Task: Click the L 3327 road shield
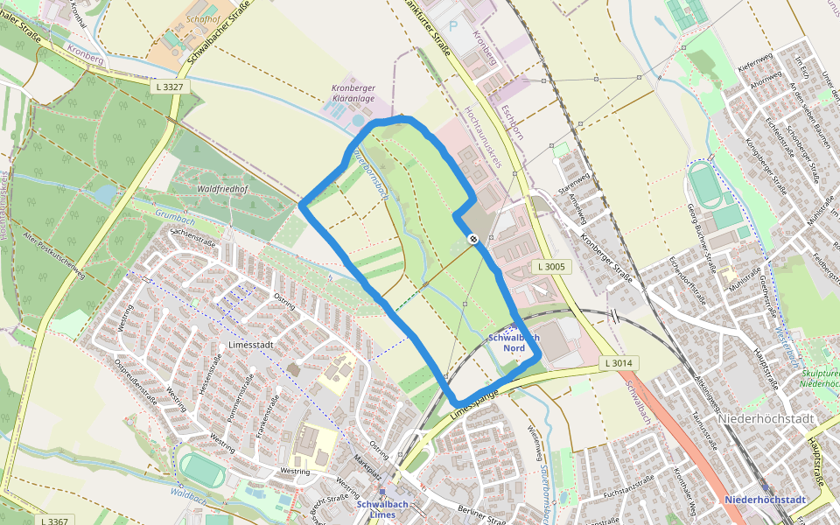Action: pyautogui.click(x=168, y=87)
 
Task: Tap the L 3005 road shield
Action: pyautogui.click(x=551, y=266)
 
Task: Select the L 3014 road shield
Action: pyautogui.click(x=620, y=362)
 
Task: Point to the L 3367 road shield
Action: pyautogui.click(x=54, y=521)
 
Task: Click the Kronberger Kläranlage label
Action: pyautogui.click(x=353, y=94)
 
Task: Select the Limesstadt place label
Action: pyautogui.click(x=251, y=345)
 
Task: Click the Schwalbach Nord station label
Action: pyautogui.click(x=514, y=342)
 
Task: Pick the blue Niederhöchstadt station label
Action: pyautogui.click(x=765, y=500)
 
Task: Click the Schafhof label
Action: pyautogui.click(x=202, y=19)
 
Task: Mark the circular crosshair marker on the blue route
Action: pyautogui.click(x=472, y=239)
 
